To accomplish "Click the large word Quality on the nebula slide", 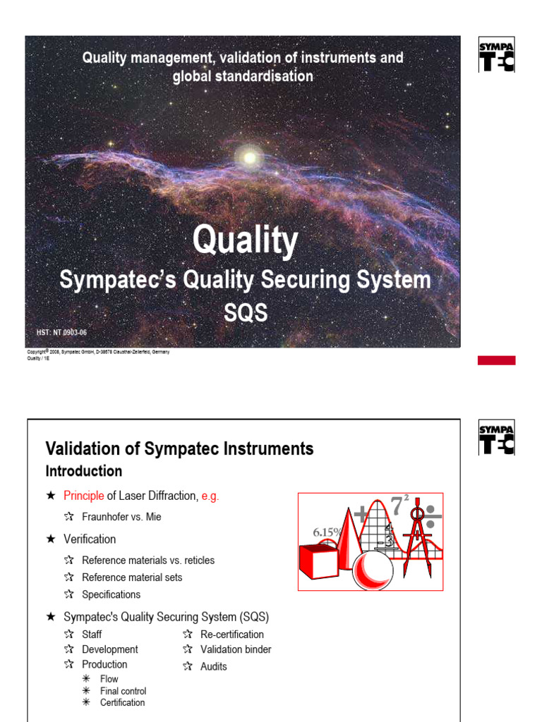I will (245, 241).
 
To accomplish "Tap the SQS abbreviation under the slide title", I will (246, 312).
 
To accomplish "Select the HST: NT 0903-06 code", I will (61, 331).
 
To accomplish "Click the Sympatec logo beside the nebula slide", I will (497, 55).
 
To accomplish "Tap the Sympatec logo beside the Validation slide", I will (497, 438).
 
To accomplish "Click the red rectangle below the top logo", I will (496, 360).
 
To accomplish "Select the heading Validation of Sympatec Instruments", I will (179, 448).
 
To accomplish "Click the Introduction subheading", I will (83, 471).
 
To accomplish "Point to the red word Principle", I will (83, 496).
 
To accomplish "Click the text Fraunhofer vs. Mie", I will (121, 517).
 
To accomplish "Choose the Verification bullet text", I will (90, 539).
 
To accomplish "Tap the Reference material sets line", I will (132, 577).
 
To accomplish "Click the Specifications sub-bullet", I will (111, 594).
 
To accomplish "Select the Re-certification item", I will (232, 635).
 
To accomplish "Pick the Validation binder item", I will (236, 649).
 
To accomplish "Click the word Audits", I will (214, 666).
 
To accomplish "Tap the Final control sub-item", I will (123, 691).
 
